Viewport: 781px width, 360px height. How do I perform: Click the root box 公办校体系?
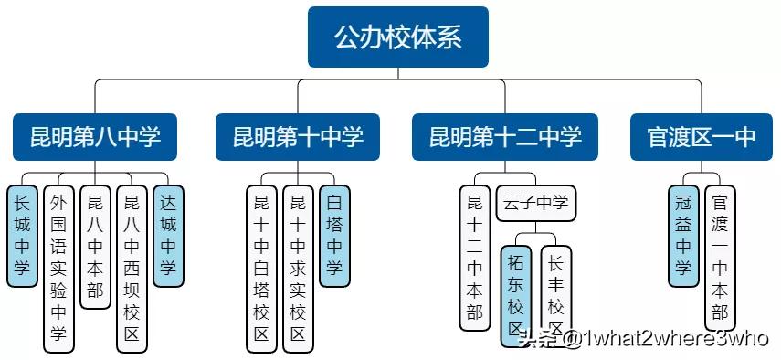[x=397, y=37]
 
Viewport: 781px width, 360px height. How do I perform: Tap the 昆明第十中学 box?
[x=298, y=137]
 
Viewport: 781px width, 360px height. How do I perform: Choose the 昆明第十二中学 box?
[x=504, y=137]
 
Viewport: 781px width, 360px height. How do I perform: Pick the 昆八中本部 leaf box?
[x=95, y=247]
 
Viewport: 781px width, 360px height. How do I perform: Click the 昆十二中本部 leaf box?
[x=474, y=257]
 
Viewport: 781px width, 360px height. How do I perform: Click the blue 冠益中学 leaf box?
[x=682, y=235]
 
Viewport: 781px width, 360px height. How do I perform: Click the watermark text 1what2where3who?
[x=677, y=340]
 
